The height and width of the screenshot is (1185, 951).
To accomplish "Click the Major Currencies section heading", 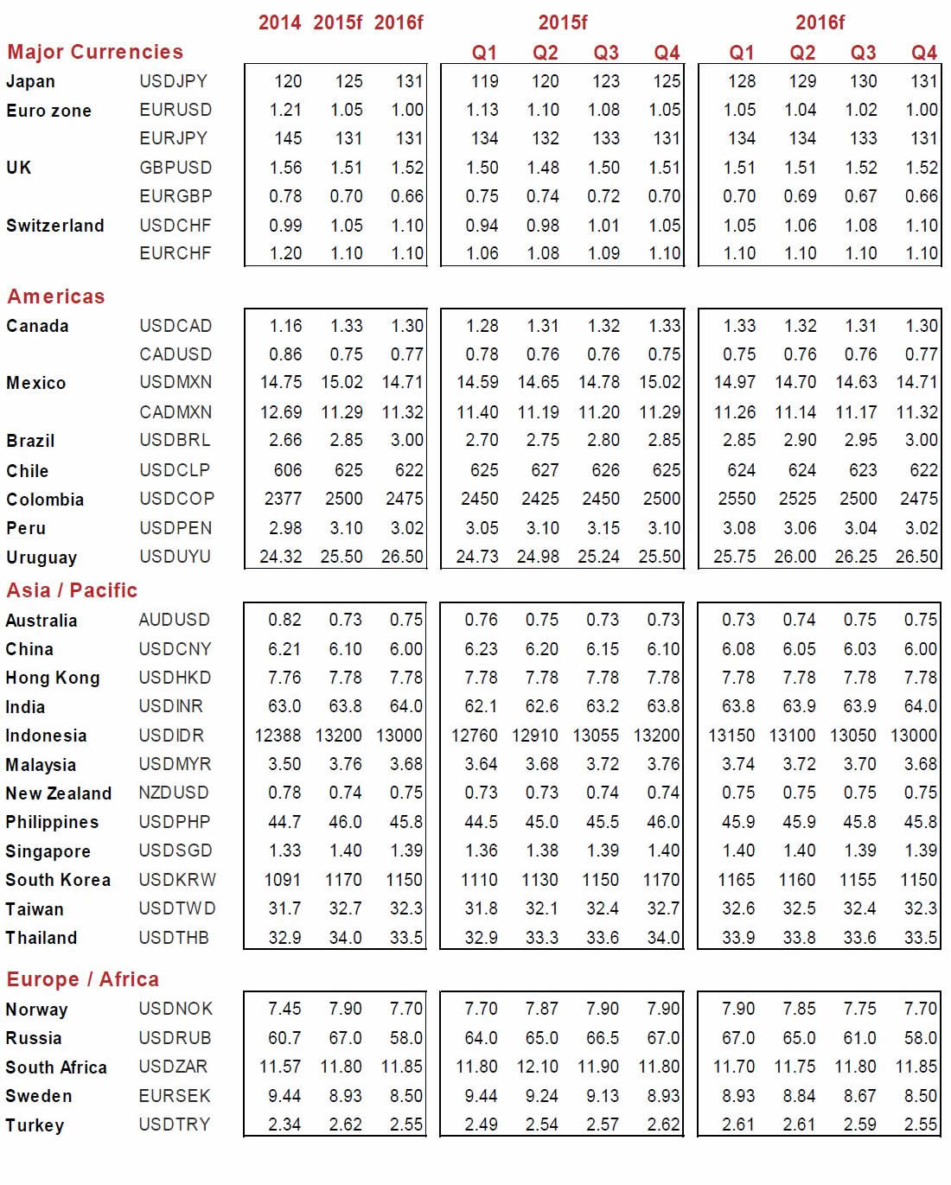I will tap(95, 52).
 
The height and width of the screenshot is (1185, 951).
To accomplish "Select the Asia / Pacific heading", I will tap(72, 590).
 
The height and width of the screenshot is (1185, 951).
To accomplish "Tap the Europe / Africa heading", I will tap(82, 979).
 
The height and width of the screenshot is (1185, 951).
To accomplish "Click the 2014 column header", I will tap(279, 22).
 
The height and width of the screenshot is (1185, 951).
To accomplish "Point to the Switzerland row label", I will tap(54, 226).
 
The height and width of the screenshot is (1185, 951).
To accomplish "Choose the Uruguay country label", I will tap(41, 557).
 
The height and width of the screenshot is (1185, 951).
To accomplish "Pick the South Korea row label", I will tap(58, 880).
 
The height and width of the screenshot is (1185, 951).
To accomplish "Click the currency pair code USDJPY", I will tap(173, 81).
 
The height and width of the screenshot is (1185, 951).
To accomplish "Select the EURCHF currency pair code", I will tap(176, 253).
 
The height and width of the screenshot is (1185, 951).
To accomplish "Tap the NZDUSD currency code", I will tap(174, 793).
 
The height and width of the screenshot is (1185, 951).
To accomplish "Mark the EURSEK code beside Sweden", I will tap(175, 1096).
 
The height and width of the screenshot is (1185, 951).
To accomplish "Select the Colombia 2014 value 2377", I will tap(283, 499).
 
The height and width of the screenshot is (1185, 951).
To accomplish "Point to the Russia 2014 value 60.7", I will tap(284, 1038).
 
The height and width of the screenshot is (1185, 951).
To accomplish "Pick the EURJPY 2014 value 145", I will tap(288, 138).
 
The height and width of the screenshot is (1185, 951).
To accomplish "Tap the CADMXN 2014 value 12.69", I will tap(281, 412).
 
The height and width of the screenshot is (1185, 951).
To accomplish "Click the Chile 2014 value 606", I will tap(288, 470).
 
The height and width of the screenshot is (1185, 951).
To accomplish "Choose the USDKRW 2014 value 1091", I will tap(283, 880).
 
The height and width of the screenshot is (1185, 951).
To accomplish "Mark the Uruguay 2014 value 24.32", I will tap(281, 557).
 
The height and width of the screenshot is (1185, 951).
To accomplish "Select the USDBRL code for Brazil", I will tap(175, 440).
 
